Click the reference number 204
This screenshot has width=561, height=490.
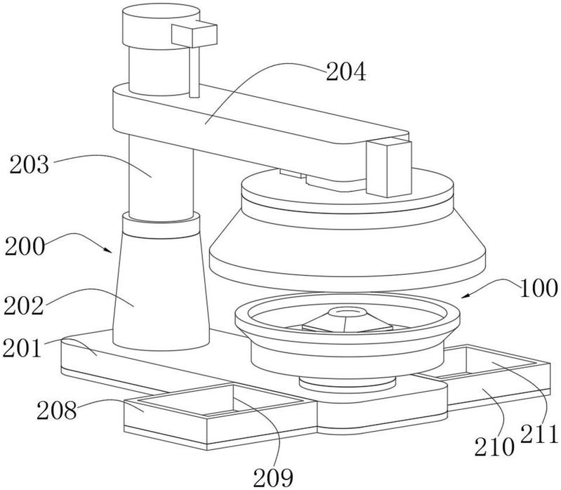point(346,72)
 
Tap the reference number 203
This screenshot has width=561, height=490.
point(29,165)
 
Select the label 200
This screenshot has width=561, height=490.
point(25,246)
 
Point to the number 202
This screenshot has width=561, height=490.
point(24,306)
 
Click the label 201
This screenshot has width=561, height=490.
point(22,348)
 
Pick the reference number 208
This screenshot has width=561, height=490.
point(57,410)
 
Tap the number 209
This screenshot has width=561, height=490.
point(273,477)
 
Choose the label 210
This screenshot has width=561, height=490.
point(494,447)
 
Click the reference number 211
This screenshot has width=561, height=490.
point(539,434)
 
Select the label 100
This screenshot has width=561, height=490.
point(539,289)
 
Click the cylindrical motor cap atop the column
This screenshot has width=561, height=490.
point(161,26)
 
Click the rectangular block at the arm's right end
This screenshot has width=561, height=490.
point(389,167)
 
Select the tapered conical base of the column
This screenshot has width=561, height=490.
point(161,290)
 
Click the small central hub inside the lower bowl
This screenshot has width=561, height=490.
point(347,314)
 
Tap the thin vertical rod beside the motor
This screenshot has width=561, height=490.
point(194,72)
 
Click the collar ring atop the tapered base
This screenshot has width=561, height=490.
point(161,225)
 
